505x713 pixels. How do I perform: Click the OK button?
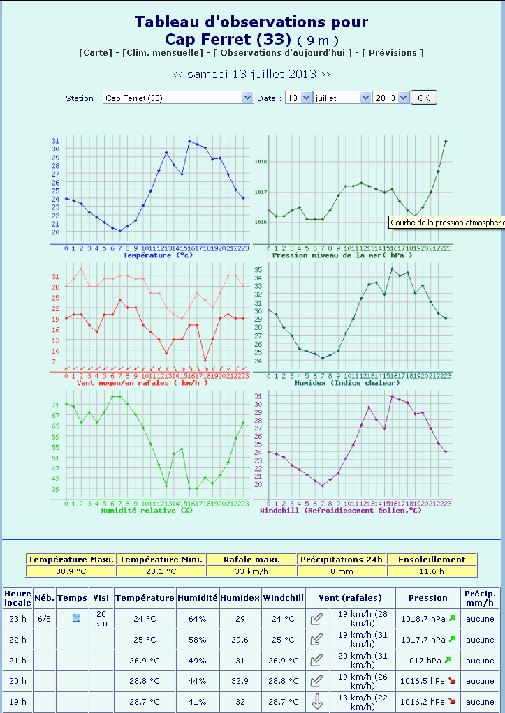tap(423, 98)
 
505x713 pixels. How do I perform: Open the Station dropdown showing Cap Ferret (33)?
tap(177, 98)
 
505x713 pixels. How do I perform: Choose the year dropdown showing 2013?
tap(390, 98)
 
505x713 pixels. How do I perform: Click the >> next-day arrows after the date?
tap(325, 74)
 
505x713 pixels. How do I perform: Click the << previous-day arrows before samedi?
tap(178, 74)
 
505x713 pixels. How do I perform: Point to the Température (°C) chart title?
tap(157, 255)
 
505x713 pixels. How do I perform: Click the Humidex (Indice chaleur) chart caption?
tap(346, 383)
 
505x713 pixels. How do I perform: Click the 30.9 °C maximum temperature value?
tap(71, 571)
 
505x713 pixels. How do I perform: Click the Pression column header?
tap(428, 598)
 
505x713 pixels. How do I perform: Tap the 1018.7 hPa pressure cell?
tap(423, 618)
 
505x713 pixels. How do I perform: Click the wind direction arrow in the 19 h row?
tap(317, 702)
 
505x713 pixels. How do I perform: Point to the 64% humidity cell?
tap(197, 618)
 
